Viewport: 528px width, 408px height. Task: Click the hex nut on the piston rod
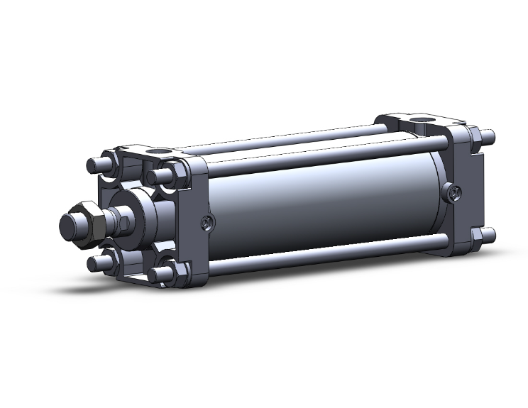click(x=90, y=224)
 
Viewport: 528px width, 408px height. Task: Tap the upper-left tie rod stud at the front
click(x=96, y=165)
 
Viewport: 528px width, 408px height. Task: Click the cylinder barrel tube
click(x=319, y=206)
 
